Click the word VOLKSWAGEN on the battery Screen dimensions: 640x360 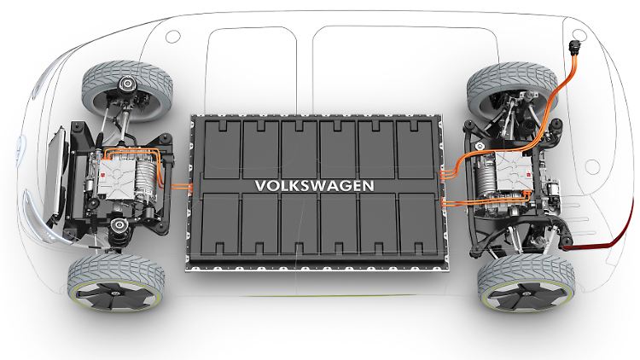coord(314,186)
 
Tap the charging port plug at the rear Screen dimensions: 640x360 coord(575,47)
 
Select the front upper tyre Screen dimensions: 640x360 coord(127,91)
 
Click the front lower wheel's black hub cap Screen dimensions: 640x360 coord(116,294)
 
